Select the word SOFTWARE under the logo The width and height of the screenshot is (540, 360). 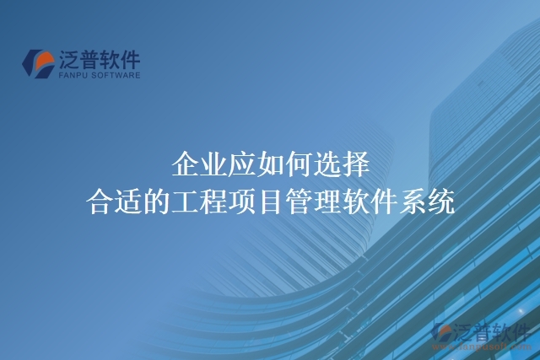click(x=118, y=74)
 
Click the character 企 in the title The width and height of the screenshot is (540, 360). click(x=185, y=163)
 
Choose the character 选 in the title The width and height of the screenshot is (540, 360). click(x=327, y=163)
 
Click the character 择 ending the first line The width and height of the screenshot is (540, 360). click(x=355, y=163)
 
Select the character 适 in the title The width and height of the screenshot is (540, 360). click(x=128, y=202)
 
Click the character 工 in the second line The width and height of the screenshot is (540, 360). click(x=185, y=202)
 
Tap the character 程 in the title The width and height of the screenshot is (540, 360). click(x=213, y=202)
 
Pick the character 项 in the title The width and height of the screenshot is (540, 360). click(x=242, y=202)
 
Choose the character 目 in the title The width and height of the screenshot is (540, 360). click(x=271, y=202)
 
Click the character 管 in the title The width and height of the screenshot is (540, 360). click(x=300, y=202)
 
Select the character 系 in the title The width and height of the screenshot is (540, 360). click(x=413, y=202)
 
